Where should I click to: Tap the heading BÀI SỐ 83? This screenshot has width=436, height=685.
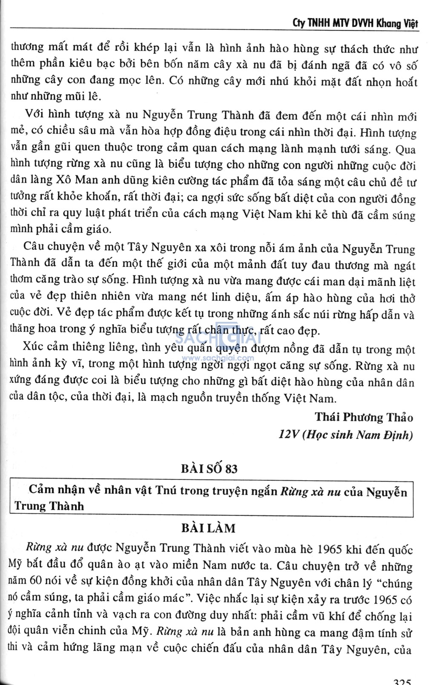coord(209,469)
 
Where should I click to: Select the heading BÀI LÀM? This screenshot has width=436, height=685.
coord(208,528)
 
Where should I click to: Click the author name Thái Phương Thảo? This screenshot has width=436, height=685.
coord(364,417)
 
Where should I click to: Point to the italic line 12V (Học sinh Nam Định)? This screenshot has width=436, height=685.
coord(345,435)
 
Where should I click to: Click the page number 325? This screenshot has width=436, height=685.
coord(402,680)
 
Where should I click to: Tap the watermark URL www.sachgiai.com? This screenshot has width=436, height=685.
coord(218,358)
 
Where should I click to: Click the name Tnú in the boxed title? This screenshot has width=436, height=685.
coord(166,490)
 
